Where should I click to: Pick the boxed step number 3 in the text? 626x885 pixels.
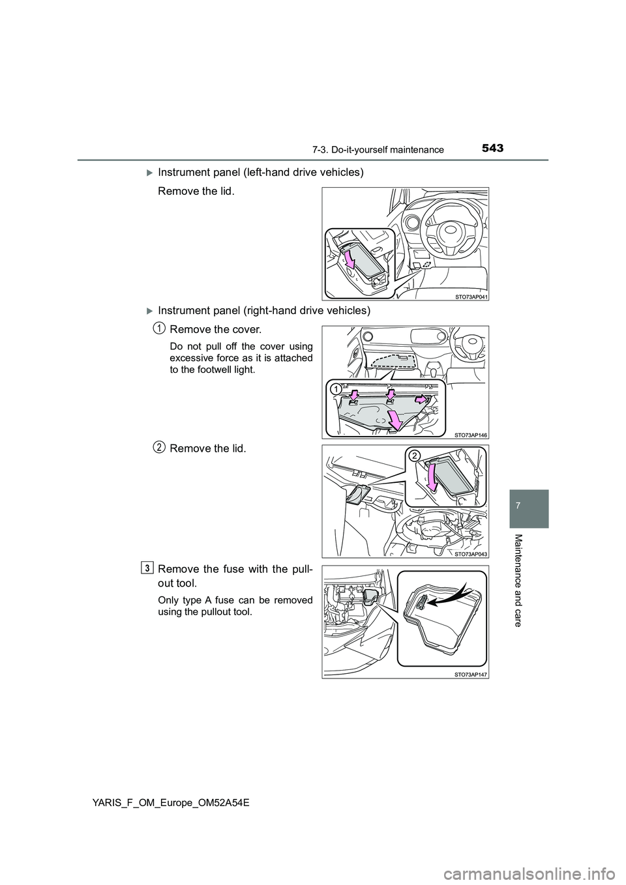coord(149,568)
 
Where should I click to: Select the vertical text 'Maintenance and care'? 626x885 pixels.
coord(526,580)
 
